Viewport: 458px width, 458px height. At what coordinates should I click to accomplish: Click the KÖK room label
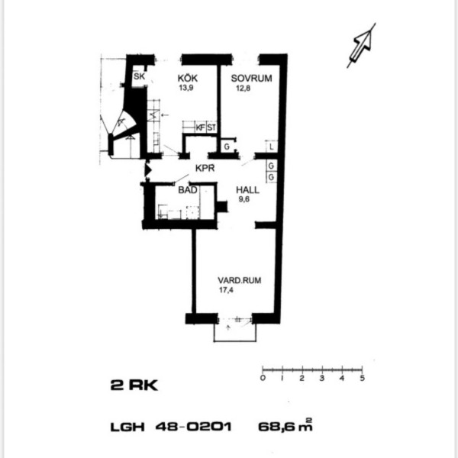click(188, 78)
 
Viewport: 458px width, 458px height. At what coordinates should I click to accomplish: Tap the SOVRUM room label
click(251, 79)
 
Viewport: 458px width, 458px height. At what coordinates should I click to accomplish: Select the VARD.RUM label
click(240, 280)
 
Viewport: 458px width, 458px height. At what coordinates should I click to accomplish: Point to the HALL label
click(247, 190)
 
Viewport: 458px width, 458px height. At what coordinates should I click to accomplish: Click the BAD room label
click(188, 190)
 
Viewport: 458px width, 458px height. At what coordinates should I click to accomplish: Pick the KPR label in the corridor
click(205, 168)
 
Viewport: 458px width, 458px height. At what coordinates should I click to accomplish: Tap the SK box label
click(140, 76)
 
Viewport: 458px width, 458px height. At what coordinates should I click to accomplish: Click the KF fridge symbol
click(200, 127)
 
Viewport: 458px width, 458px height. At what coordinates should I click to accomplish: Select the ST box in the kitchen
click(211, 127)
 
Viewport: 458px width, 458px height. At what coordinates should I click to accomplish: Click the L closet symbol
click(271, 147)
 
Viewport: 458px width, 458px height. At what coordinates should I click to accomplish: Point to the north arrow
click(362, 45)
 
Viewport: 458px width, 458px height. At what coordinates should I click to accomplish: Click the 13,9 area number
click(186, 88)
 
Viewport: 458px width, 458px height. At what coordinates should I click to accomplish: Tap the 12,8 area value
click(244, 88)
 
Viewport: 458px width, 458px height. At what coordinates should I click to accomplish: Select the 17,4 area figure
click(226, 290)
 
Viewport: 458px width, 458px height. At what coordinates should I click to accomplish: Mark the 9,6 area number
click(244, 199)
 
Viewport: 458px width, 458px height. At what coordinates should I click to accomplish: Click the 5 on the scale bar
click(362, 379)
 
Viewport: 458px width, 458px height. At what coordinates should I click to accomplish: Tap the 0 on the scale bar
click(263, 379)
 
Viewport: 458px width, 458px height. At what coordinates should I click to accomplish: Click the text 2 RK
click(134, 385)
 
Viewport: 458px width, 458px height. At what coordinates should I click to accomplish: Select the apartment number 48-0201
click(194, 427)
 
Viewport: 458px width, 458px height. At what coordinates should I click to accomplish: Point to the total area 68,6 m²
click(285, 425)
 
